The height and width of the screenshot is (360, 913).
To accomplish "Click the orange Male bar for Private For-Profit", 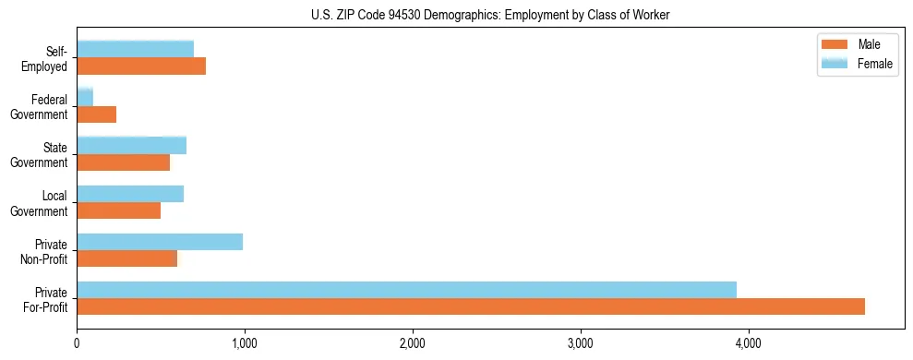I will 471,306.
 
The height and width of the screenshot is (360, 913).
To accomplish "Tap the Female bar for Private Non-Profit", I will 160,242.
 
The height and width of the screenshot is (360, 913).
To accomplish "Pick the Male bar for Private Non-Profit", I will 127,258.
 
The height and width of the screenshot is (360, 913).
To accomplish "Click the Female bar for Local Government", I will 130,194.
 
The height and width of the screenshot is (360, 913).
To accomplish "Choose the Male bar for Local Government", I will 119,210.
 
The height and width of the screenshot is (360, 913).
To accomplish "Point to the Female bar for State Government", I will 132,145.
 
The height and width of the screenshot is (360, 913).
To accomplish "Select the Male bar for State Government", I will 124,162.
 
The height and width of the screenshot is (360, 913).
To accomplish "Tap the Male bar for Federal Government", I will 97,114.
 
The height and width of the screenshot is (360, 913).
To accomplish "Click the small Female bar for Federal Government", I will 85,97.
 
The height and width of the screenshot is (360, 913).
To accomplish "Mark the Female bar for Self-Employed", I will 136,49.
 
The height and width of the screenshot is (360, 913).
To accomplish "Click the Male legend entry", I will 855,45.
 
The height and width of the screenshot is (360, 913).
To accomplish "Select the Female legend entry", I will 855,63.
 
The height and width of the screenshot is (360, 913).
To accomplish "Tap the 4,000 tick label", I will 749,343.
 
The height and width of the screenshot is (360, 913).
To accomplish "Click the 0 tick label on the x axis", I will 78,343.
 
